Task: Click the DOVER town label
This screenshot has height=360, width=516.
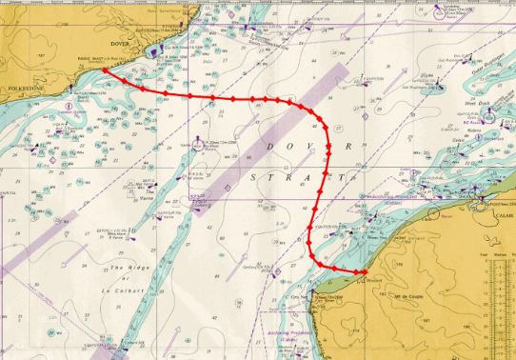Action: click(x=119, y=44)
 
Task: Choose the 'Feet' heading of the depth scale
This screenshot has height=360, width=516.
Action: click(x=484, y=255)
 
